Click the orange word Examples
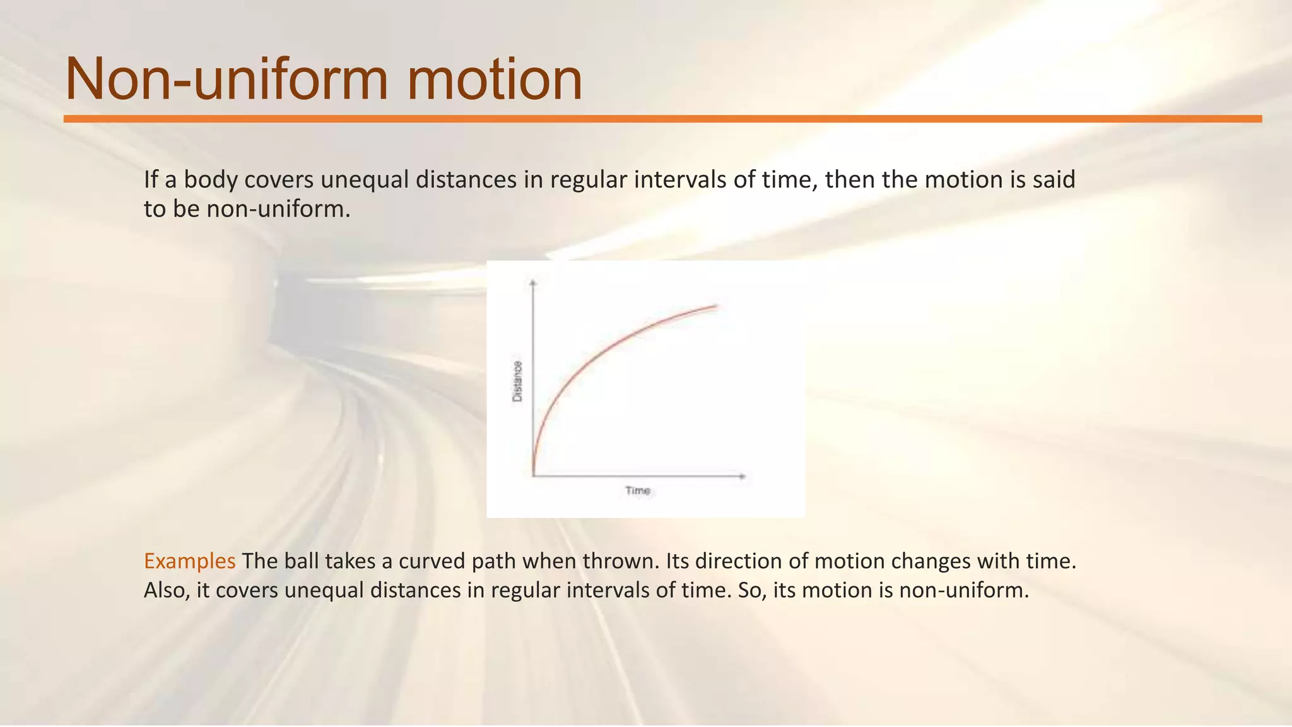pos(189,560)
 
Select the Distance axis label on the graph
pos(517,381)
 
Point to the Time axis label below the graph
pos(638,490)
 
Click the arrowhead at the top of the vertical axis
pos(533,282)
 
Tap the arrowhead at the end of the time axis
pos(743,476)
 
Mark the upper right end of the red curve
pos(717,305)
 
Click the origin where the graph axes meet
pos(534,476)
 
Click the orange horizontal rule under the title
pos(662,119)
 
